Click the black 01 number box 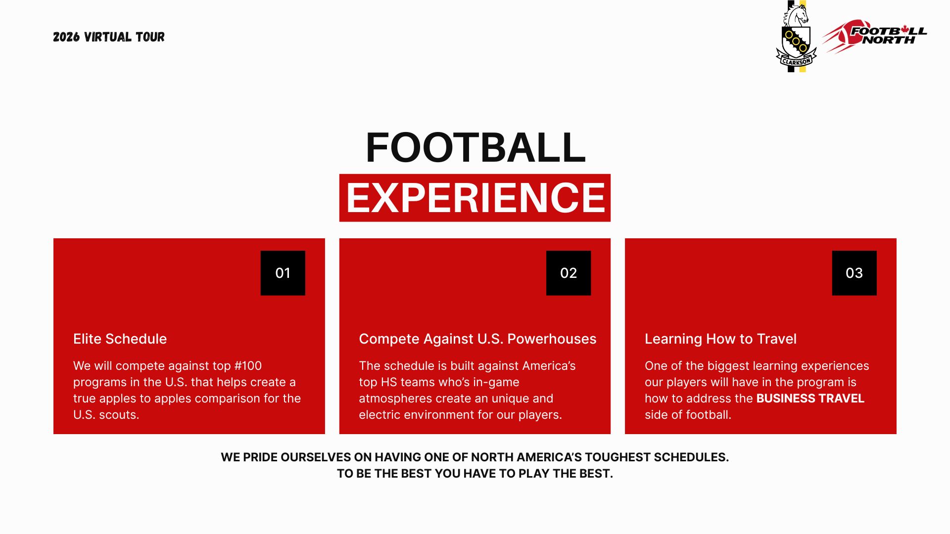tap(283, 273)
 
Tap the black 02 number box tap(569, 273)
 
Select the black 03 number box tap(854, 273)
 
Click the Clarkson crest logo tap(796, 36)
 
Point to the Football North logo tap(874, 36)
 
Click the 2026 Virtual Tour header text tap(109, 37)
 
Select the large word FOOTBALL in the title tap(475, 147)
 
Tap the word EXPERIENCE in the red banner tap(475, 198)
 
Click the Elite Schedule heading tap(120, 339)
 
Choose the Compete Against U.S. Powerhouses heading tap(477, 339)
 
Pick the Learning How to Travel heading tap(720, 339)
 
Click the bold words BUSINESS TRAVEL tap(810, 399)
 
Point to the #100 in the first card tap(248, 366)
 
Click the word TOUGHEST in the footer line tap(617, 457)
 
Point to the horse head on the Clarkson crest tap(797, 15)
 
